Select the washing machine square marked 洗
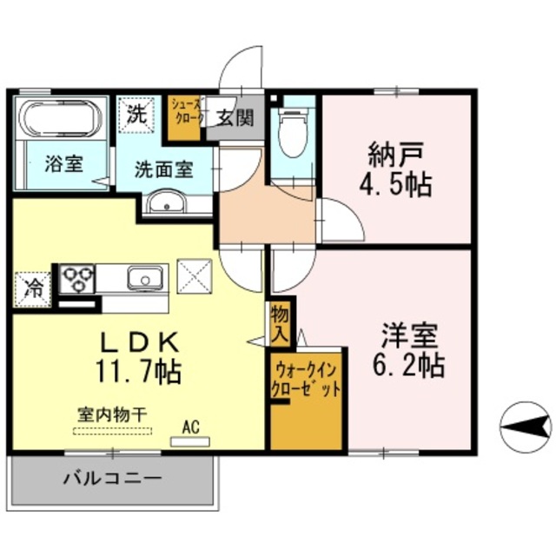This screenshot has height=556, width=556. point(136,114)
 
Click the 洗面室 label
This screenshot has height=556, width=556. point(163,170)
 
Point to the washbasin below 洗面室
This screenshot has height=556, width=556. point(164,204)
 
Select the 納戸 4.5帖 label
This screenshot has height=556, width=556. point(398,169)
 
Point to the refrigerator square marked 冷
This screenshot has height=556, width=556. point(33,288)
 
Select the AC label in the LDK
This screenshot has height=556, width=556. point(192,426)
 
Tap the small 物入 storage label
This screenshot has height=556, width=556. point(281,323)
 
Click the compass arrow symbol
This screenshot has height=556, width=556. point(526,425)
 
